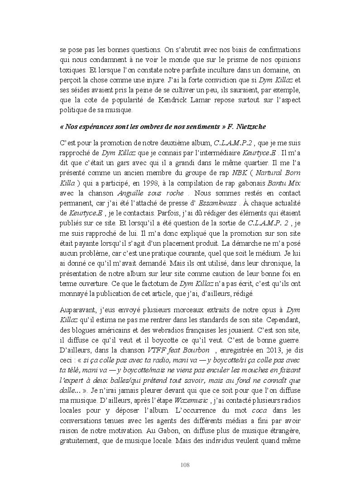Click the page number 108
click(185, 465)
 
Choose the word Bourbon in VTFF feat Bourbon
click(198, 349)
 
